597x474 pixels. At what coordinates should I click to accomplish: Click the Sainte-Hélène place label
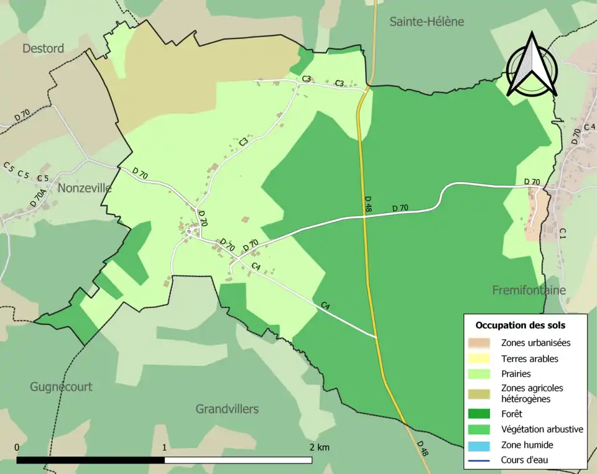[427, 22]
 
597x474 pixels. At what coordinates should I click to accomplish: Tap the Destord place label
[43, 48]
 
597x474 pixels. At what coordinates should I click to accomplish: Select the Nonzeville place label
[84, 188]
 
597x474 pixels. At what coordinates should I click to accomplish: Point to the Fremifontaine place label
[529, 290]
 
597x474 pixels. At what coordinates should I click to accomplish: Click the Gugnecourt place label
[61, 386]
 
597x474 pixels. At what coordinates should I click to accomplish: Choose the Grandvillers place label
[227, 409]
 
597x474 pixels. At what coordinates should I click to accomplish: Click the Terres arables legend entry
[529, 358]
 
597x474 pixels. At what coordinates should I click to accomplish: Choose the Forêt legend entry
[511, 413]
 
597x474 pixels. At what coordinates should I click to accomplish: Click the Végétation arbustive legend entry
[542, 429]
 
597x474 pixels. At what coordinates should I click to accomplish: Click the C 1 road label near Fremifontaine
[562, 234]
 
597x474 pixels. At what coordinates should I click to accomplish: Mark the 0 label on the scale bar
[16, 448]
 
